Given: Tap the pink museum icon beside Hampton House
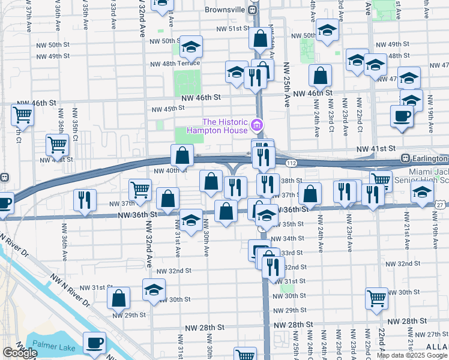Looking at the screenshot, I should [x=257, y=125].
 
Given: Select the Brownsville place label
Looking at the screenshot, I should [x=225, y=10].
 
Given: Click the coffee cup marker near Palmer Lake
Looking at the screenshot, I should [x=94, y=343].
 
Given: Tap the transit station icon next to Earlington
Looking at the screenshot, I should [x=406, y=158].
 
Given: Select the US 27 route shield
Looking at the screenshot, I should [x=441, y=205].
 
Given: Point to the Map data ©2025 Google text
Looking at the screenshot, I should [x=411, y=355].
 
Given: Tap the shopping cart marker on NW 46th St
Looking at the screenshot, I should [x=22, y=113].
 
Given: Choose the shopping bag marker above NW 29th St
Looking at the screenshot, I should [x=119, y=297].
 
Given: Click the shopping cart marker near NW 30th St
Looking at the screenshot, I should [x=376, y=298].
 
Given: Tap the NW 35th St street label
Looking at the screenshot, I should [x=294, y=224].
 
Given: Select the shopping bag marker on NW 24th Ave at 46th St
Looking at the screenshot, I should [x=321, y=76].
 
